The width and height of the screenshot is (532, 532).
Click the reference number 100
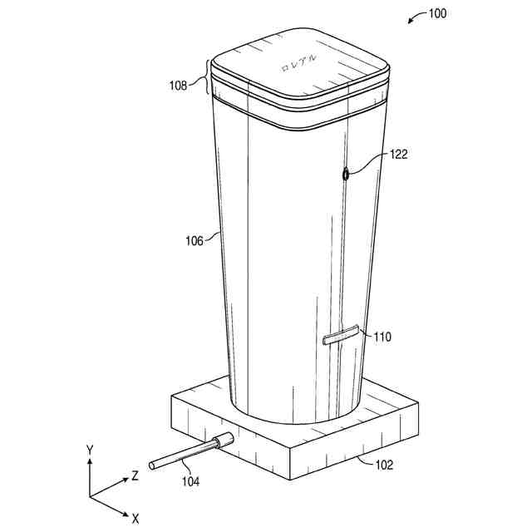[x=437, y=13]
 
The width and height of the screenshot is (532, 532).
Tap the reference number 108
[x=178, y=85]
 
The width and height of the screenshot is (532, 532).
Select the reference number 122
[x=399, y=155]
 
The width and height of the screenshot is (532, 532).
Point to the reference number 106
[x=194, y=241]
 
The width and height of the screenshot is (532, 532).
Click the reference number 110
[x=382, y=337]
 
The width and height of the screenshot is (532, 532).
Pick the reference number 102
[x=384, y=465]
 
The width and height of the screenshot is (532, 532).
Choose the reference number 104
[x=190, y=481]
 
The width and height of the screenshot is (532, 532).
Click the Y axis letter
[x=90, y=451]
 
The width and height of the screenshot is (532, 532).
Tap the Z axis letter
[x=135, y=476]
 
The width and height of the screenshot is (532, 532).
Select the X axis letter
[x=135, y=519]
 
